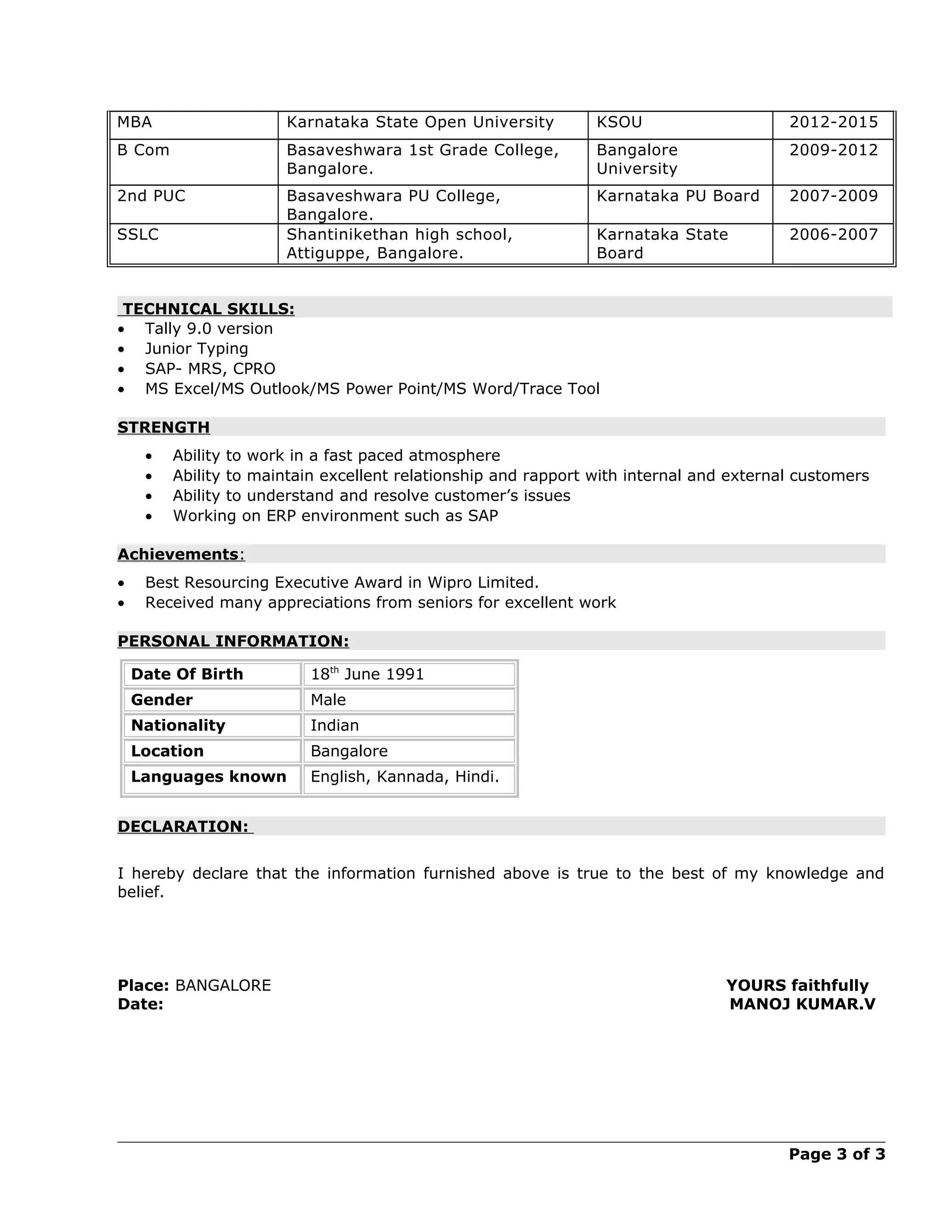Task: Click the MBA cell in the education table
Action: (134, 122)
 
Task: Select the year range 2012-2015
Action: (833, 122)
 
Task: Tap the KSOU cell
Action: (619, 122)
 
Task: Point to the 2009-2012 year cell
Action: (833, 150)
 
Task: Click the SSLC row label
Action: (138, 234)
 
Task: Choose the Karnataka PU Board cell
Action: (677, 196)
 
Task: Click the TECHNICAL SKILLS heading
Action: (208, 309)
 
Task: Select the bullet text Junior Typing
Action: (196, 348)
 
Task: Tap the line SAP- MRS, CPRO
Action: (210, 369)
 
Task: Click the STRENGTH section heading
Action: (163, 427)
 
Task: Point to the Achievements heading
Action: (178, 554)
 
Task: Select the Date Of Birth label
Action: (187, 674)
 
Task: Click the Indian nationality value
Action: (334, 726)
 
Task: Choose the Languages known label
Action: (209, 777)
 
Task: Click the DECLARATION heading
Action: (183, 826)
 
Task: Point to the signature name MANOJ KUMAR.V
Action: (802, 1004)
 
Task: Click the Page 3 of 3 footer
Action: (836, 1154)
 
